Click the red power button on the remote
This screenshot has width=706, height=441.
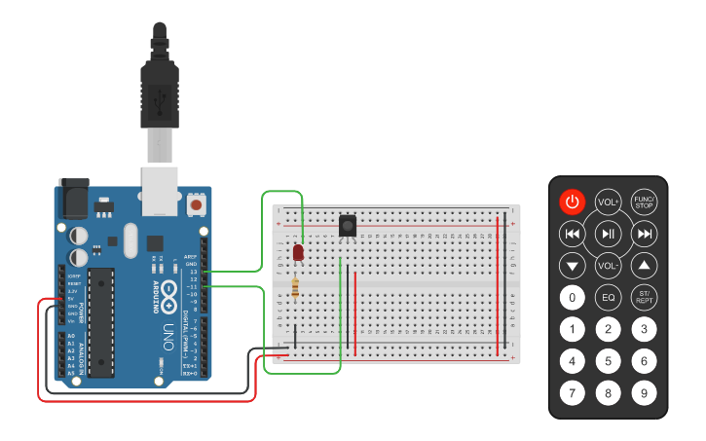pyautogui.click(x=573, y=202)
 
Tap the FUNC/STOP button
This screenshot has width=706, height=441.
pyautogui.click(x=644, y=202)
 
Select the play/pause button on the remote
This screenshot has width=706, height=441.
pyautogui.click(x=608, y=234)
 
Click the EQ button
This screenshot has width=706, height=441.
pyautogui.click(x=608, y=297)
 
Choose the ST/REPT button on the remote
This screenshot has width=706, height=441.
pyautogui.click(x=644, y=297)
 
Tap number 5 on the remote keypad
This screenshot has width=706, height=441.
pyautogui.click(x=608, y=361)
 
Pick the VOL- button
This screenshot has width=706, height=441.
pyautogui.click(x=608, y=265)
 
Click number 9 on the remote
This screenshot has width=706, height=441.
pyautogui.click(x=644, y=393)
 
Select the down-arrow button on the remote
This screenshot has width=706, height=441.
pyautogui.click(x=573, y=265)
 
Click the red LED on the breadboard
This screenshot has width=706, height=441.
pyautogui.click(x=298, y=253)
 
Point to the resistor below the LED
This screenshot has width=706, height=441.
pyautogui.click(x=295, y=287)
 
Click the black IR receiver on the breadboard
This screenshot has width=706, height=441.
pyautogui.click(x=347, y=226)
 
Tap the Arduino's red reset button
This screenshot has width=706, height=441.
pyautogui.click(x=197, y=205)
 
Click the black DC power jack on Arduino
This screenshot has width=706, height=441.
pyautogui.click(x=74, y=201)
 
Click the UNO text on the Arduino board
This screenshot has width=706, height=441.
pyautogui.click(x=167, y=330)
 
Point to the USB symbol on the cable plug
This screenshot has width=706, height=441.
pyautogui.click(x=162, y=96)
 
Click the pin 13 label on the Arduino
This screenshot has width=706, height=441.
pyautogui.click(x=194, y=272)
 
